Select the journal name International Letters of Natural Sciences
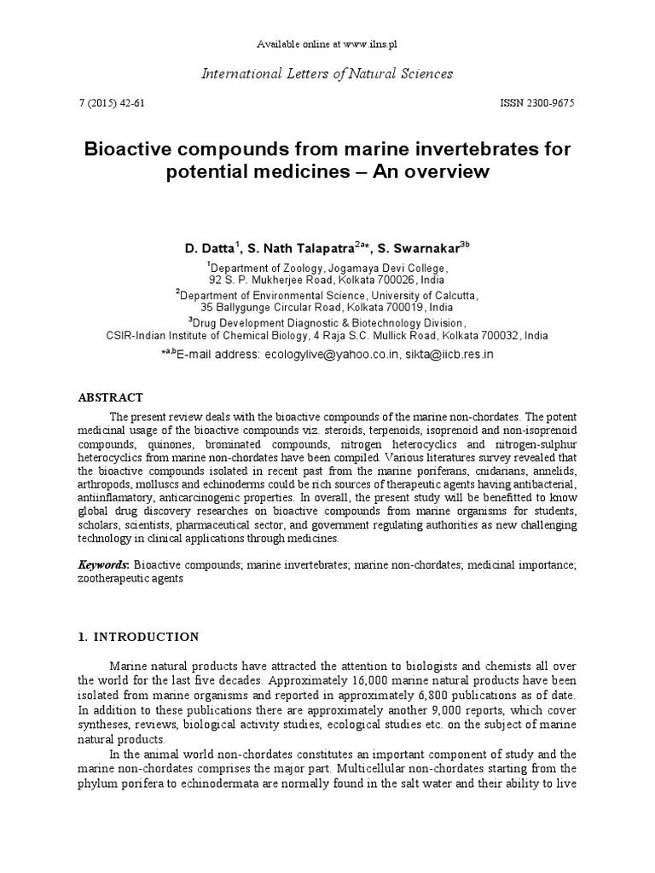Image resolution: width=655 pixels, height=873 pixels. pos(327,74)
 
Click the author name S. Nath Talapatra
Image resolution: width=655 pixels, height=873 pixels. pos(298,249)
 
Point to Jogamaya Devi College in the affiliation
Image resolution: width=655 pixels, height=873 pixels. pos(388,267)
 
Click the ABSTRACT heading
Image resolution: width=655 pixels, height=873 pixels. pos(111,397)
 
